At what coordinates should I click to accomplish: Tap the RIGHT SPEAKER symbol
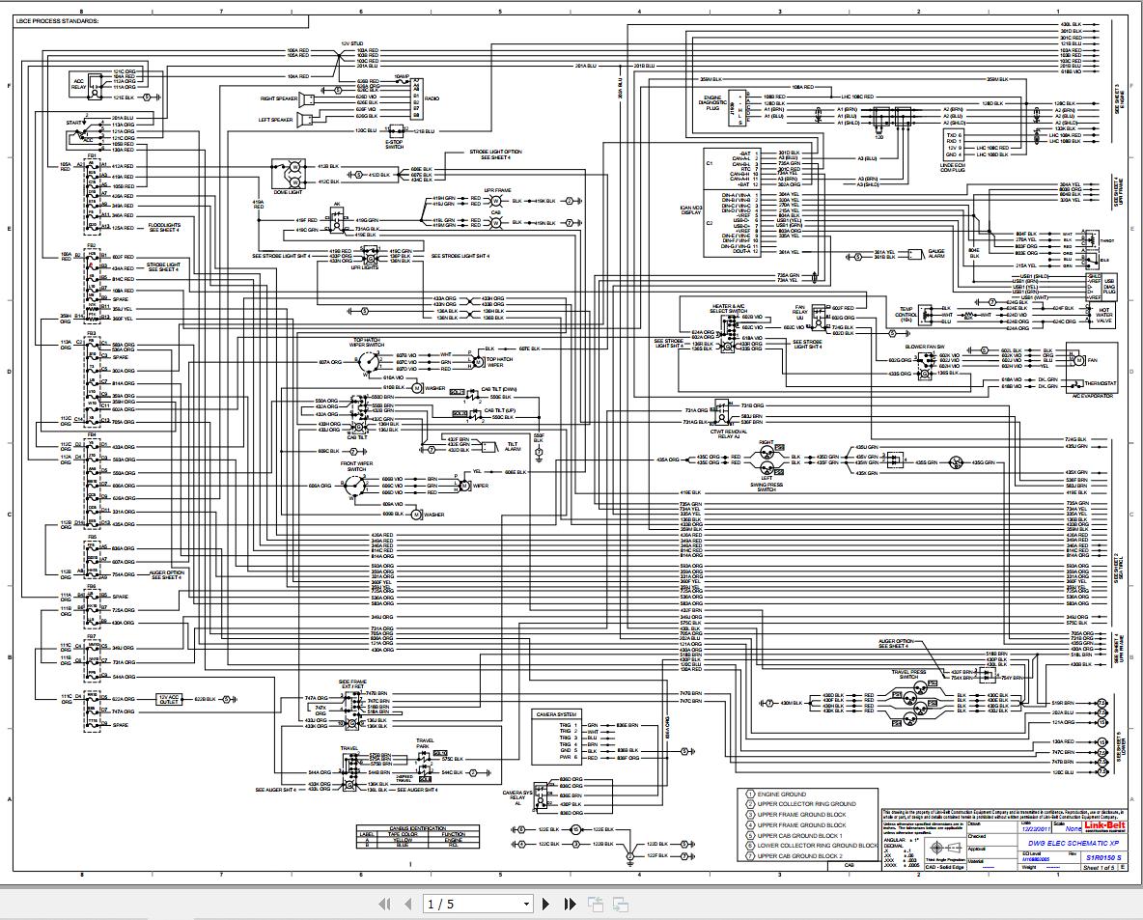[305, 98]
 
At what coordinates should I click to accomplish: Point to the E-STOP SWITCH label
[394, 143]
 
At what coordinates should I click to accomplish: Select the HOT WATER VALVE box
[1103, 319]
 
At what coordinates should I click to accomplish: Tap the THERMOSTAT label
[1100, 383]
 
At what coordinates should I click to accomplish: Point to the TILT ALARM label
[513, 447]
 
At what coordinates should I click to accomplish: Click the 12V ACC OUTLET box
[170, 698]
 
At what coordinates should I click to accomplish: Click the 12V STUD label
[351, 44]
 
